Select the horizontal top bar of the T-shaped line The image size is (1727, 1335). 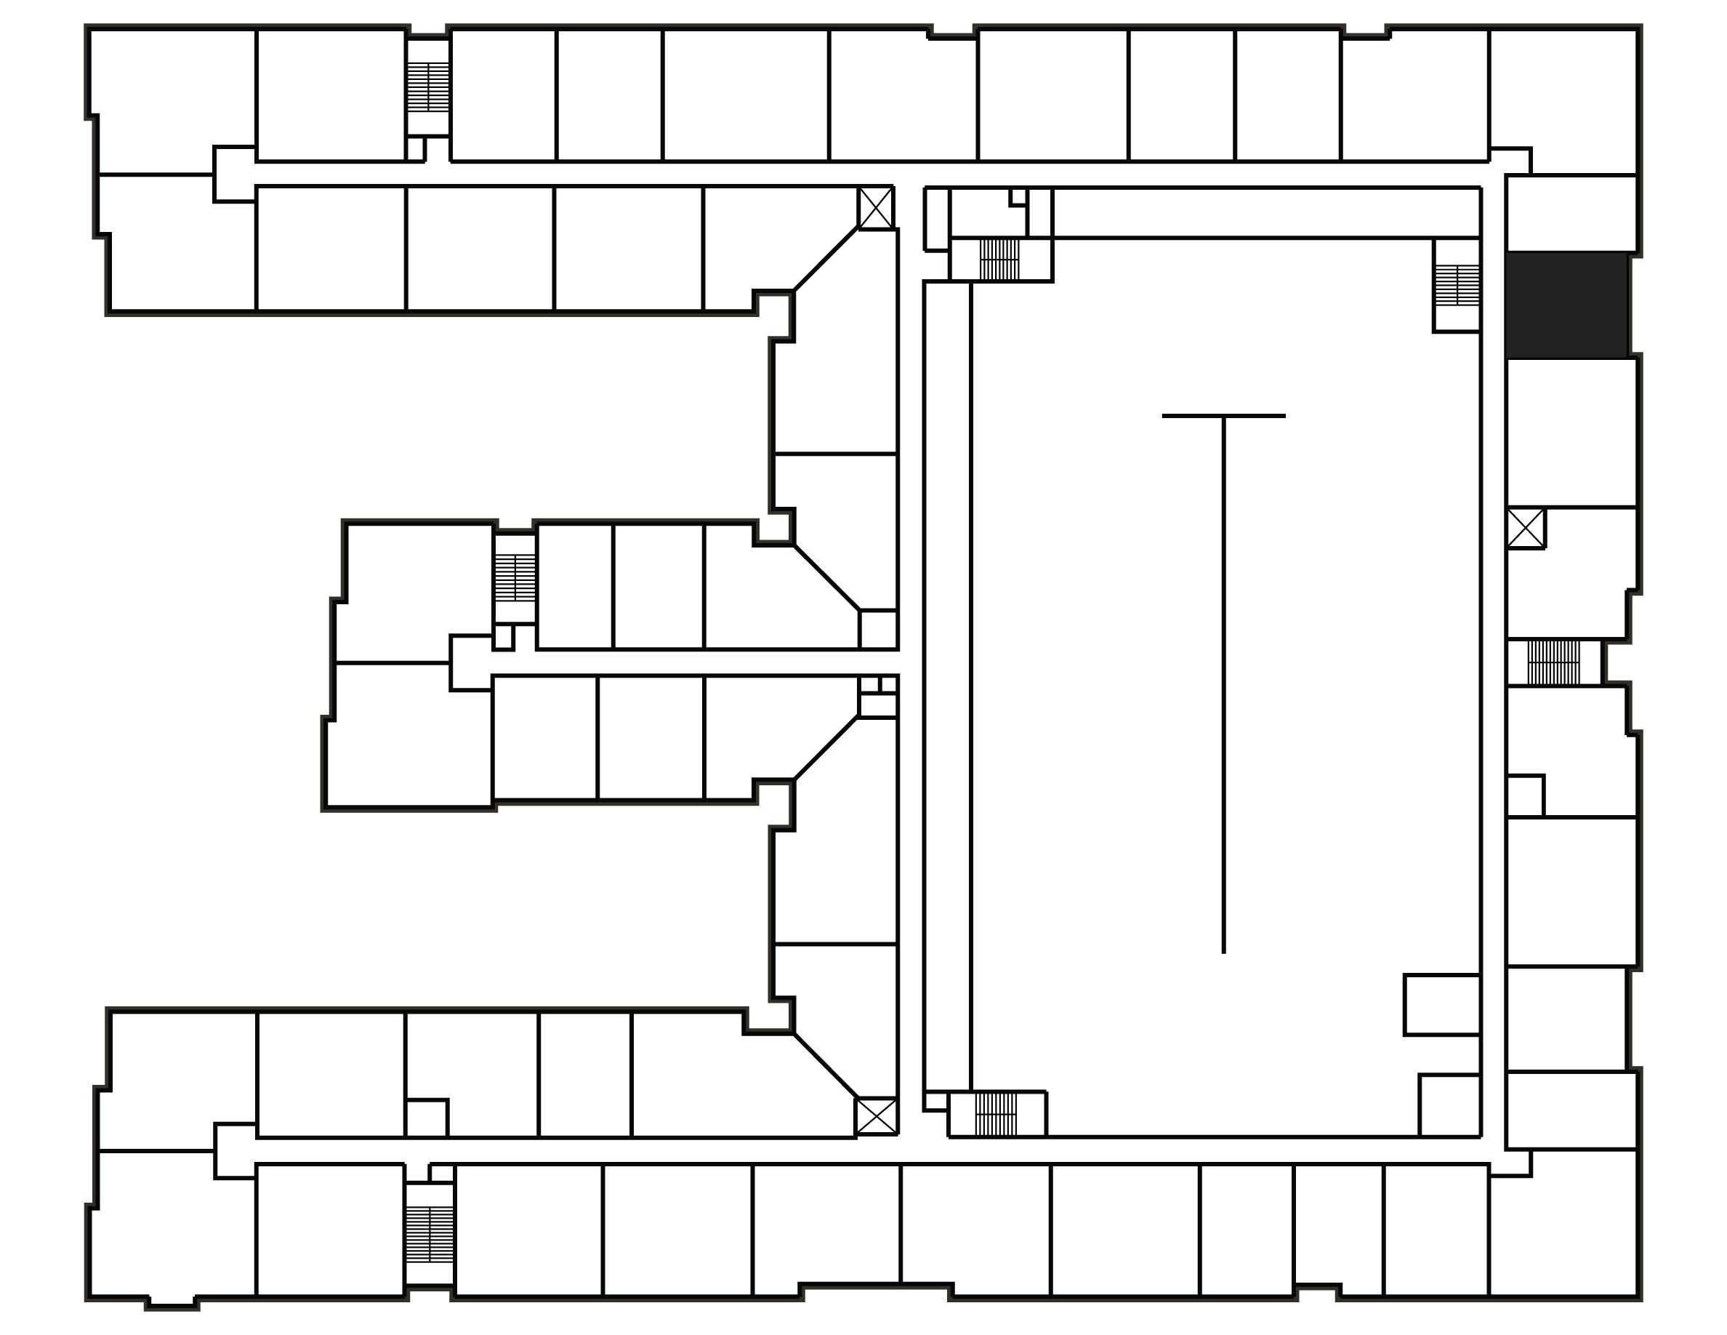tap(1223, 416)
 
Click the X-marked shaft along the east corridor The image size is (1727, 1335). tap(1526, 529)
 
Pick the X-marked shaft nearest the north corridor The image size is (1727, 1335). tap(876, 209)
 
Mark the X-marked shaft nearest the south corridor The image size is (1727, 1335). tap(876, 1116)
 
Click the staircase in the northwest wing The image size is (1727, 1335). tap(428, 87)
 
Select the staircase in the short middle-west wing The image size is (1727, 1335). tap(515, 577)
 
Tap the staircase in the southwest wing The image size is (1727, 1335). tap(430, 1235)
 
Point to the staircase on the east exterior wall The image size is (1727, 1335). tap(1553, 662)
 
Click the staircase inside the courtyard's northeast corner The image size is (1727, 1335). tap(1457, 286)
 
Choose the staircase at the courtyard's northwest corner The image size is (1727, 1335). tap(999, 260)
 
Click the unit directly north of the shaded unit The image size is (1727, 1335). tap(1571, 214)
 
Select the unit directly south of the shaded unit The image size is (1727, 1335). tap(1571, 432)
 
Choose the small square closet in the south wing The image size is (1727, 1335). tap(426, 1118)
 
